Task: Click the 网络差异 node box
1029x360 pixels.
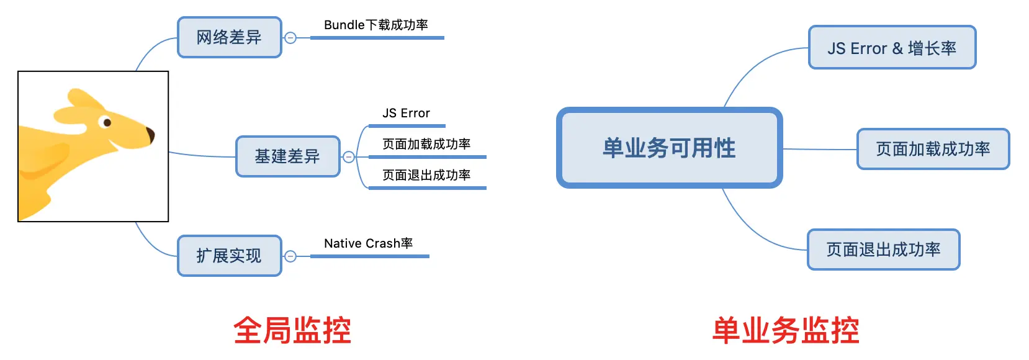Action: tap(230, 37)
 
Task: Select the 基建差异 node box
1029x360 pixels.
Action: tap(288, 156)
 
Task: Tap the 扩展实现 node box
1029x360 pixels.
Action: tap(230, 256)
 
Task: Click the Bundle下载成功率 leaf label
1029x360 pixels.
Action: tap(376, 25)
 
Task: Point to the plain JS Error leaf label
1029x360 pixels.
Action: tap(406, 113)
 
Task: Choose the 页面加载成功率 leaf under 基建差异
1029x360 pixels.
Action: tap(426, 144)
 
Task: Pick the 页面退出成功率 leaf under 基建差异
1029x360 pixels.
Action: tap(426, 175)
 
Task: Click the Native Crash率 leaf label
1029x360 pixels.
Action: tap(369, 243)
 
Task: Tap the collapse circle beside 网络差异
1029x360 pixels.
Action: tap(290, 38)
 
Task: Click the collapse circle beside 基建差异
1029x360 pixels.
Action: tap(349, 157)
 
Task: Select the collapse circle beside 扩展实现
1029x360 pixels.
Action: tap(290, 256)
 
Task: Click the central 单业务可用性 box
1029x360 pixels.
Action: tap(669, 148)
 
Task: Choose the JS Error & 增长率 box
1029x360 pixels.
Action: tap(892, 48)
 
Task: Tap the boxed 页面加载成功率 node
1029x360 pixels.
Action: tap(933, 149)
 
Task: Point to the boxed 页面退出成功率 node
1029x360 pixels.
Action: tap(883, 250)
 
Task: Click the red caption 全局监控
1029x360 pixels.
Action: tap(292, 330)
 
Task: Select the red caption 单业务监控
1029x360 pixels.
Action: tap(786, 330)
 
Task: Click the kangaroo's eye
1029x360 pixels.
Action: tap(107, 122)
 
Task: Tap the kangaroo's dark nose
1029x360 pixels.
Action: tap(150, 135)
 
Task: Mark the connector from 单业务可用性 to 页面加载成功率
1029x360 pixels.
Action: tap(819, 149)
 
